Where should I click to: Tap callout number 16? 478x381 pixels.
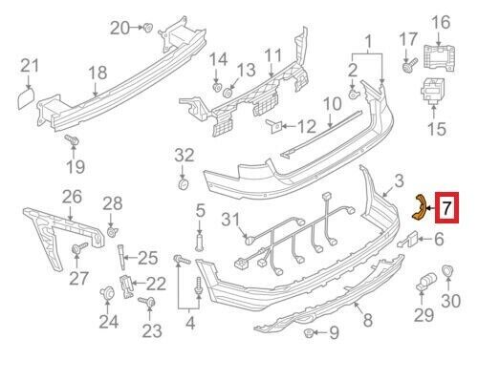(441, 22)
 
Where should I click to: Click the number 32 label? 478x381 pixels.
(185, 155)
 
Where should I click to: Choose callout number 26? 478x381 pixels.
(73, 198)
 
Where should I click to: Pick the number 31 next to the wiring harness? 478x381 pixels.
(228, 221)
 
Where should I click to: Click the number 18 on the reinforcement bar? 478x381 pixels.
(98, 73)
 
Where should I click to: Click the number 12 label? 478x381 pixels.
(306, 126)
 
